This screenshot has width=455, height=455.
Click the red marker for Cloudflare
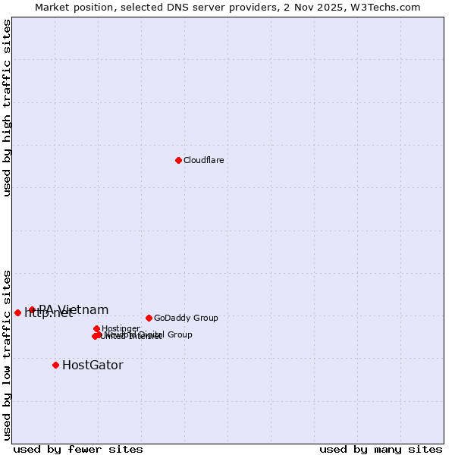point(178,160)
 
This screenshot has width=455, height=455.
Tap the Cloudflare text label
point(203,160)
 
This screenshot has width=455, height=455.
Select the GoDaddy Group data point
point(149,318)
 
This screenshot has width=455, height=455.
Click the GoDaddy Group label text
point(186,318)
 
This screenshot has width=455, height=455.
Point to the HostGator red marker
point(55,365)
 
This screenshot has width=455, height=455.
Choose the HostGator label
point(93,365)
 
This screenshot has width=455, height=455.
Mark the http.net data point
point(17,312)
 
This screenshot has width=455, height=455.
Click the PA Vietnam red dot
point(32,309)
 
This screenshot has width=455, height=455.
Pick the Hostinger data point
point(96,328)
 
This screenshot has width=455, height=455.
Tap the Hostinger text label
point(121,328)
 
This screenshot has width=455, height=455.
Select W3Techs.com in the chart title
point(386,7)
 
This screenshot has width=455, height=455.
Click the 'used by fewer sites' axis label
point(78,449)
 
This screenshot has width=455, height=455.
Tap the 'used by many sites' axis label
point(381,449)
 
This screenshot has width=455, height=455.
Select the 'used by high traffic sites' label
point(7,108)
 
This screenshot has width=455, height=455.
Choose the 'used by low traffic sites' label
point(7,355)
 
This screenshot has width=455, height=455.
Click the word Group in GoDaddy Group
point(205,318)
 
